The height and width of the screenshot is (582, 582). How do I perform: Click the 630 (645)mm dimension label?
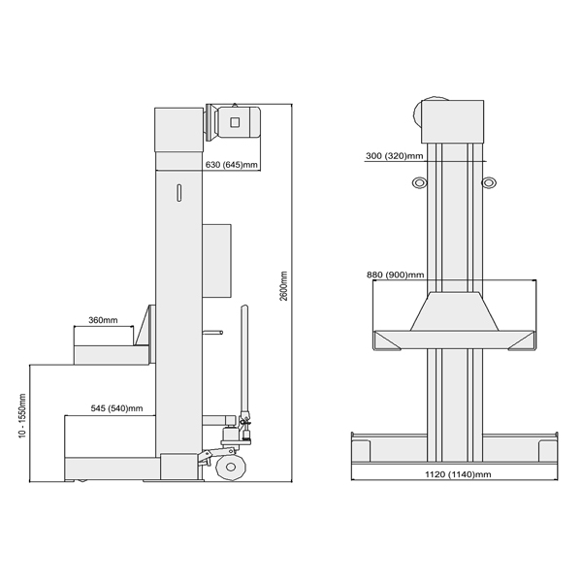(231, 165)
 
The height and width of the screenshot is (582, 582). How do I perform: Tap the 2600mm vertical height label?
(284, 286)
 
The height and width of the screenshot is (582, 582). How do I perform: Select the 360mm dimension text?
(103, 320)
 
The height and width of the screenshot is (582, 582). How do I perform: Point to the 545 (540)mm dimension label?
(117, 408)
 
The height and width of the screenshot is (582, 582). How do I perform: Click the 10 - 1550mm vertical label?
(22, 416)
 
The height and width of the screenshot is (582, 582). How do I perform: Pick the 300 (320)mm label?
(394, 156)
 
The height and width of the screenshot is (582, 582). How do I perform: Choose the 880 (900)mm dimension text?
(396, 275)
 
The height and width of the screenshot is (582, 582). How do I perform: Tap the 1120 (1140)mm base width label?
(458, 474)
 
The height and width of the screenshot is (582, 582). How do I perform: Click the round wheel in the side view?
(231, 467)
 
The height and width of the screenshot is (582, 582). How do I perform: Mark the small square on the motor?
(235, 122)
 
